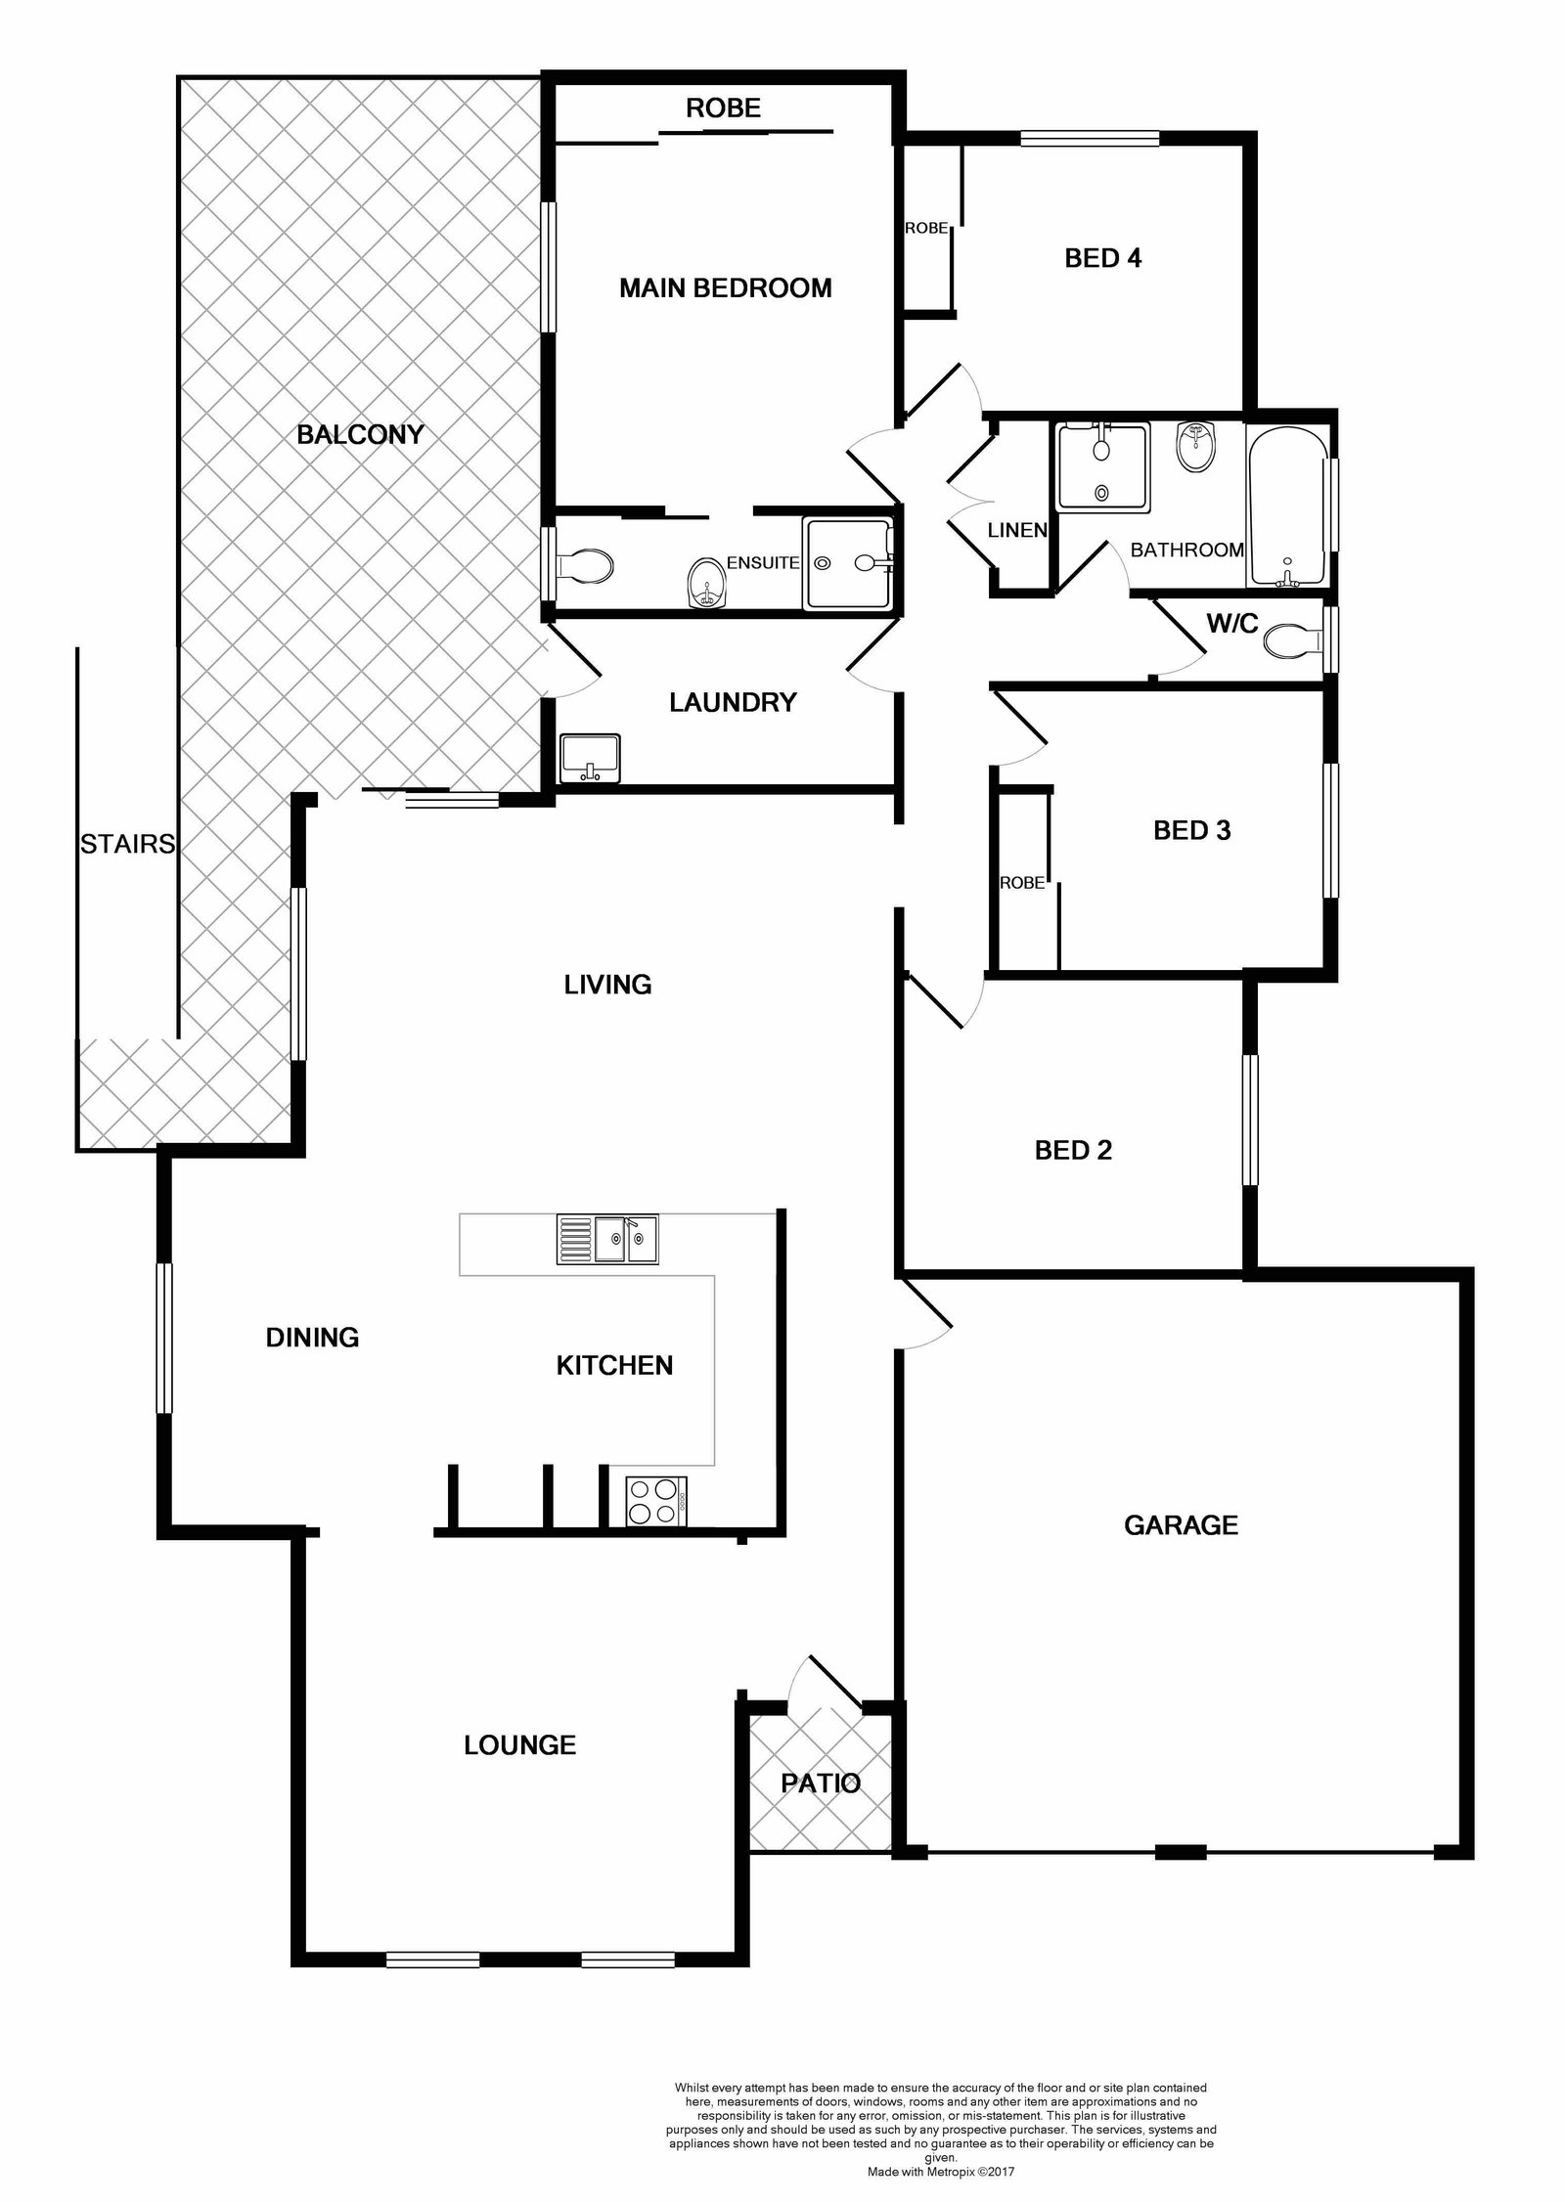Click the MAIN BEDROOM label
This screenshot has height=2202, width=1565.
click(x=725, y=288)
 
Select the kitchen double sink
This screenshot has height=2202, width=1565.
click(x=607, y=1240)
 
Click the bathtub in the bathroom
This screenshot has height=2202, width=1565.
click(x=1286, y=507)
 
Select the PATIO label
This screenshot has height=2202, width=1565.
click(x=821, y=1784)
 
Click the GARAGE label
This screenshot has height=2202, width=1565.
click(x=1181, y=1525)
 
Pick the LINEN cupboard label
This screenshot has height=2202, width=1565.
click(x=1017, y=531)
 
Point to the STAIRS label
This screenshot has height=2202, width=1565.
click(x=127, y=844)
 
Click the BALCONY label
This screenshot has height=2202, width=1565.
click(x=360, y=435)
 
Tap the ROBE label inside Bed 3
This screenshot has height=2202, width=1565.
click(x=1022, y=883)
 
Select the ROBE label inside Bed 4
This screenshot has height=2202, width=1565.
click(x=926, y=228)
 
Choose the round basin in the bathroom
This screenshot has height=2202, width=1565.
click(x=1195, y=449)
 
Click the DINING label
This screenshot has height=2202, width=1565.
click(x=312, y=1338)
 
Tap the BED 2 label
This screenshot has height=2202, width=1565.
click(x=1073, y=1150)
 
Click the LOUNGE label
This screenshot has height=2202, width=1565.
click(x=519, y=1745)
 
